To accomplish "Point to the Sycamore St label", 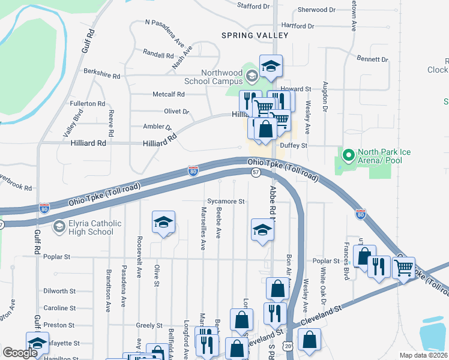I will click(226, 202).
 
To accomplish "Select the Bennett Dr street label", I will click(373, 59).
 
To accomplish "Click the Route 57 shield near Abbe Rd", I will click(256, 172).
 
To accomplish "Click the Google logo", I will click(20, 353).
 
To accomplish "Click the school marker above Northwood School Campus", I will click(271, 67).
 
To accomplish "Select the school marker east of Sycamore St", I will click(262, 230).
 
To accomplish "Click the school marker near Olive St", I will click(163, 223).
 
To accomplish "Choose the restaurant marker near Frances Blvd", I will click(379, 266).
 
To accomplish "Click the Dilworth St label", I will click(59, 291).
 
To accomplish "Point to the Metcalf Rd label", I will click(169, 94).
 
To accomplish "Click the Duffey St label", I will click(296, 145).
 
